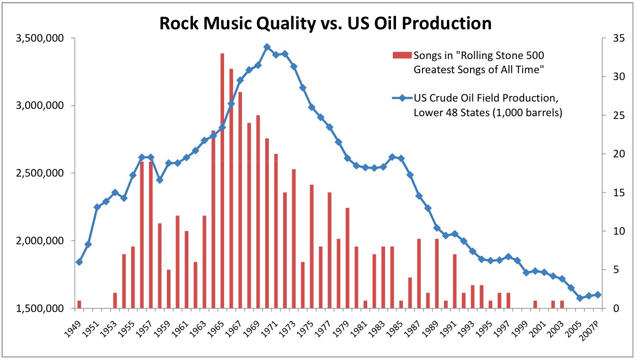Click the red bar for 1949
(79, 304)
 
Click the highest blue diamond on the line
(267, 47)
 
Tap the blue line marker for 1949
(79, 262)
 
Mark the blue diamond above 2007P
(598, 295)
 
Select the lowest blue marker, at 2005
(580, 298)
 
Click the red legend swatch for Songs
(402, 56)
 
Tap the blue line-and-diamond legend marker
(402, 97)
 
